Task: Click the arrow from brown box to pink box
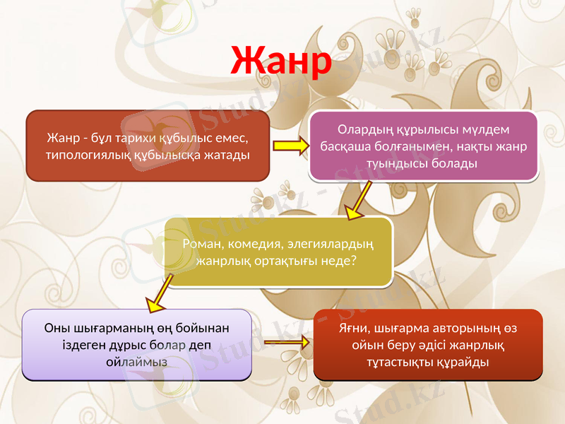tap(290, 146)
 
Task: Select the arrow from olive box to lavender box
tap(160, 293)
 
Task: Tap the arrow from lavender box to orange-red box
tap(286, 343)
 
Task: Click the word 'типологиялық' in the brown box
tap(81, 153)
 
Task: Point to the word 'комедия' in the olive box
tap(248, 245)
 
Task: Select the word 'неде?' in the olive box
tap(339, 261)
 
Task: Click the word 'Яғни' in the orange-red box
tap(355, 330)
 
